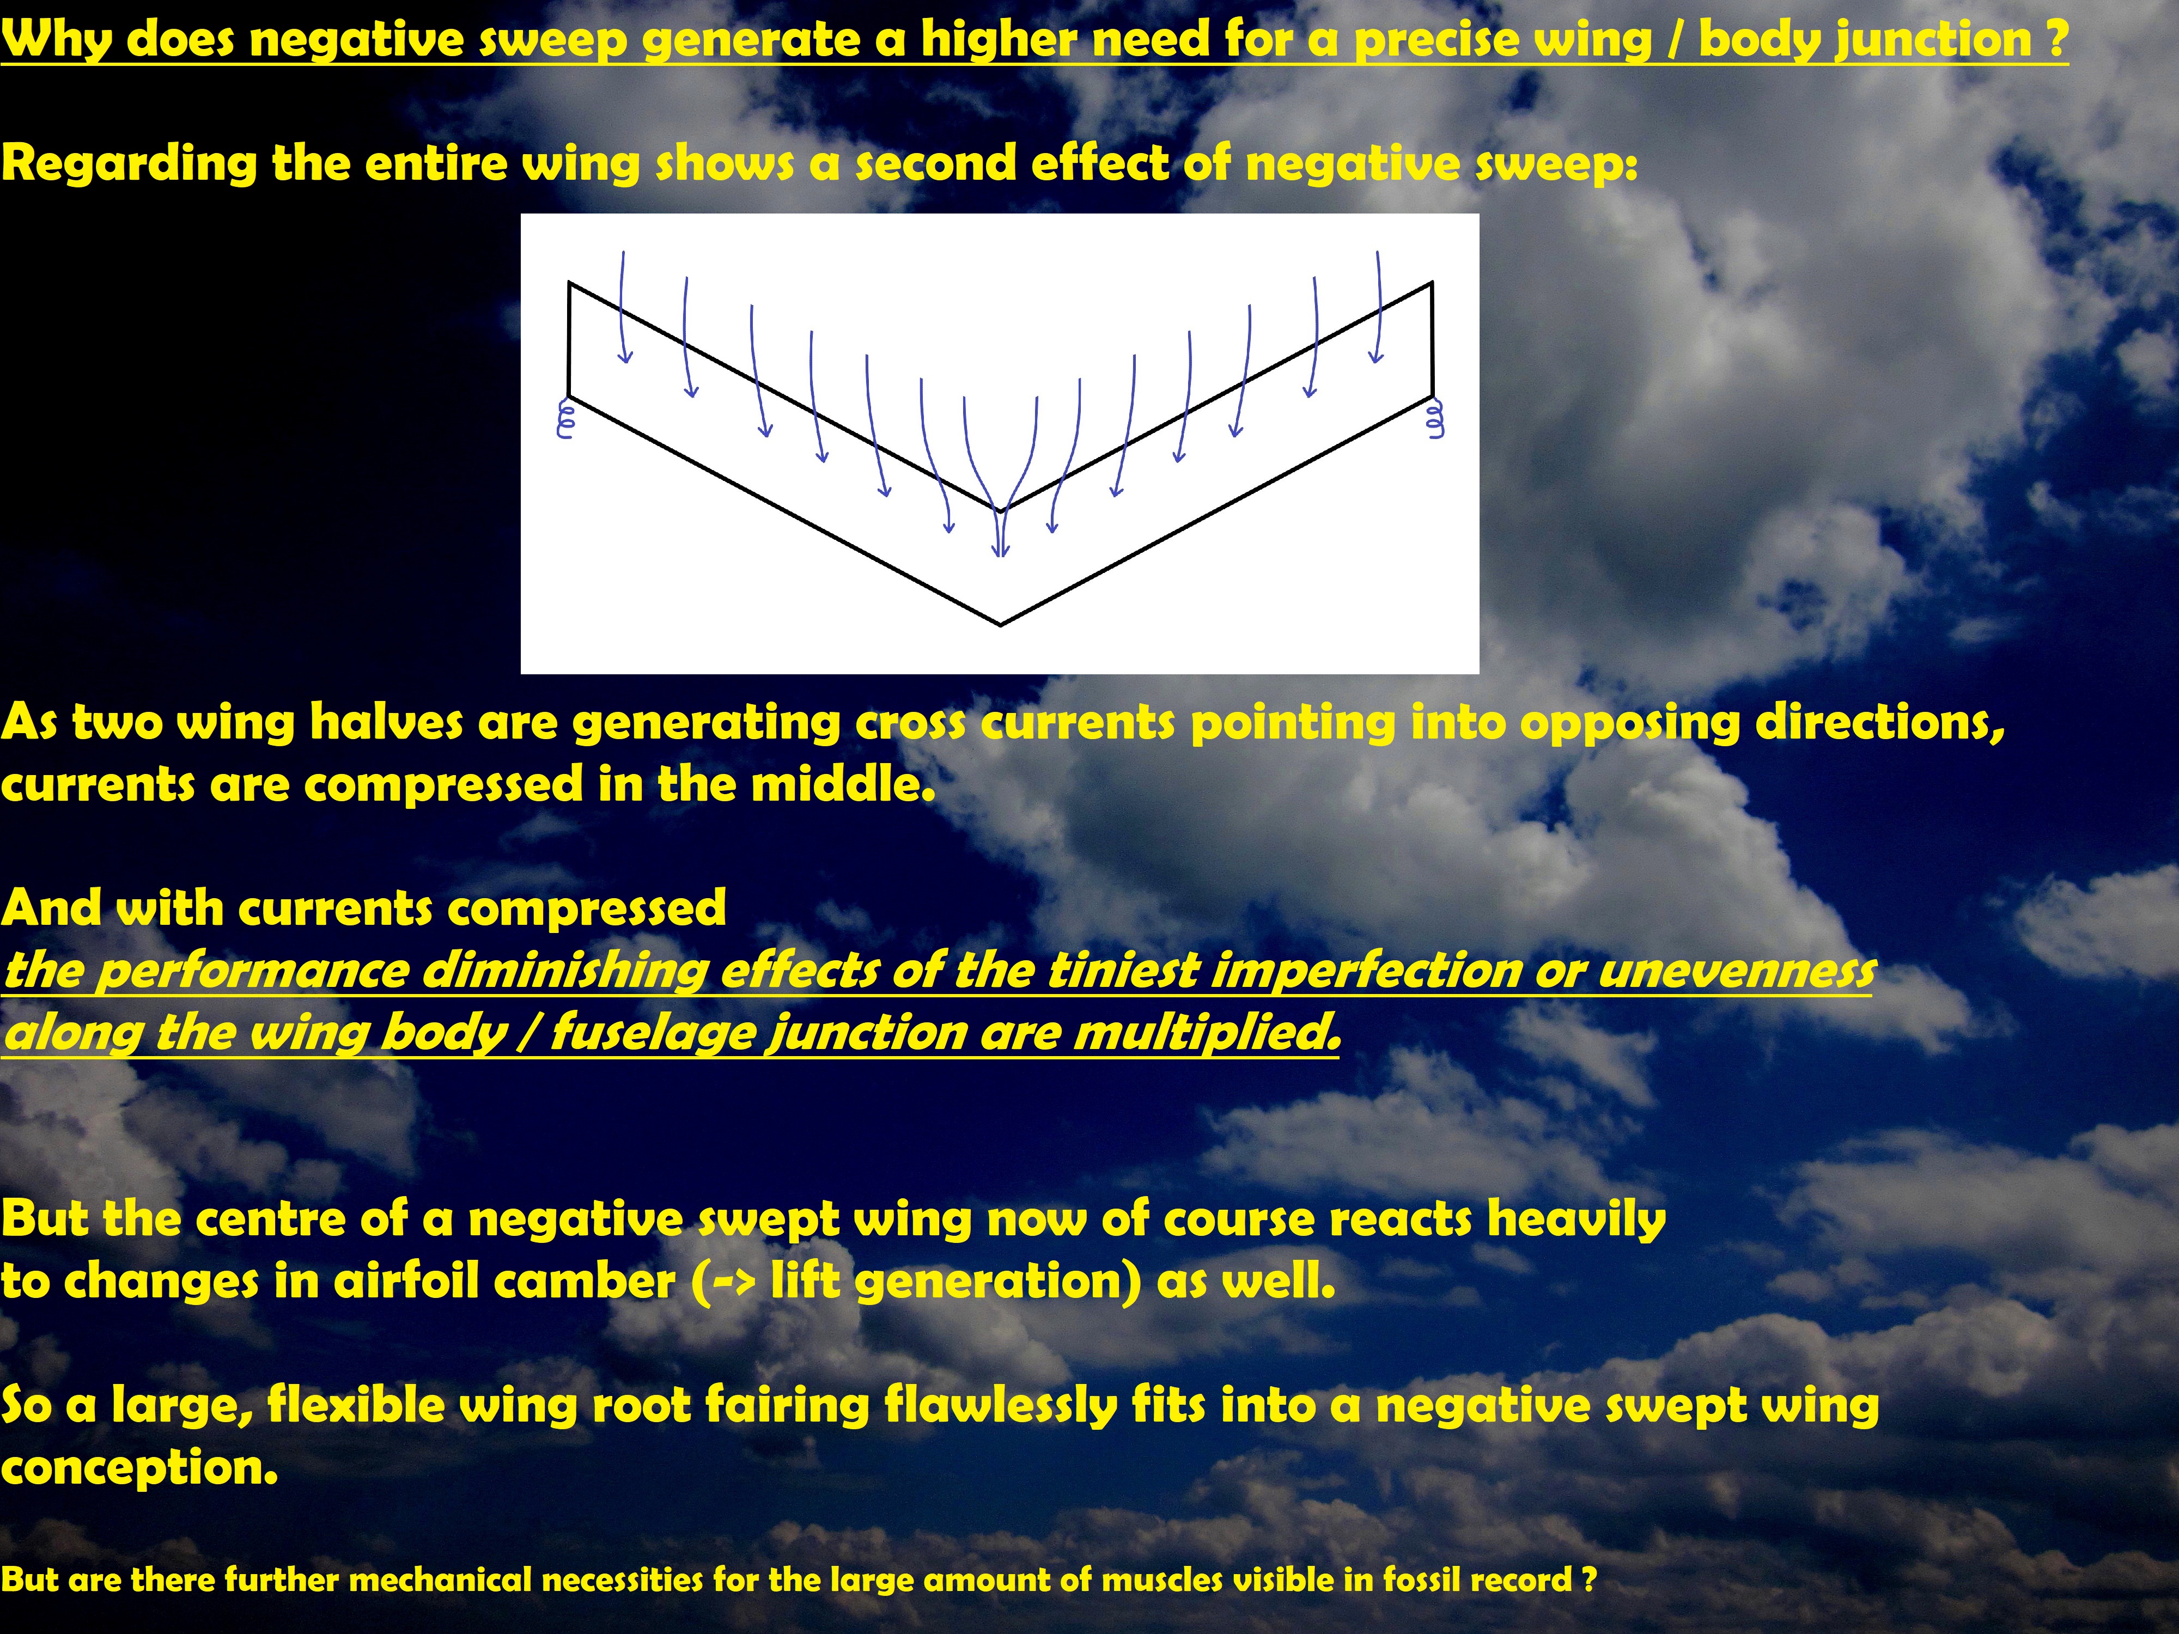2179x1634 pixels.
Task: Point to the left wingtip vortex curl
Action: click(565, 418)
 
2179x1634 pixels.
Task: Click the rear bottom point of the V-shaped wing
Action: click(1001, 624)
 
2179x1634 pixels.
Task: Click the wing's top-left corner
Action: click(569, 284)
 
